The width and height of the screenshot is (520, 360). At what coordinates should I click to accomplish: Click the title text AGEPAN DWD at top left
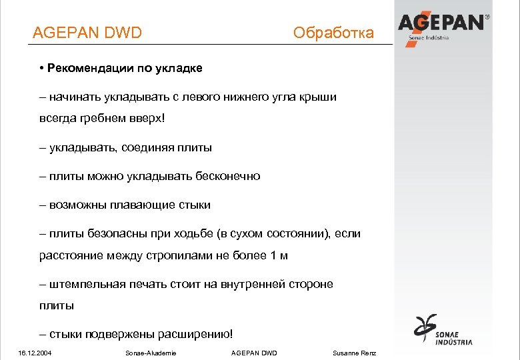87,33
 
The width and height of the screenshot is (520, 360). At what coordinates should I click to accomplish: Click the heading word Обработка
333,33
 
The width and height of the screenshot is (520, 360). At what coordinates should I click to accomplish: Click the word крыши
316,97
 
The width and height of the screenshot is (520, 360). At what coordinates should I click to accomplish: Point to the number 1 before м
273,256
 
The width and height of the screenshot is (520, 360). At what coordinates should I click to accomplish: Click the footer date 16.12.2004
36,353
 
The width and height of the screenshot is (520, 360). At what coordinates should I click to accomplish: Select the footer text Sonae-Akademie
151,353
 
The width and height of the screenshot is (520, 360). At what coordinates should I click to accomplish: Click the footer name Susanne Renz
354,353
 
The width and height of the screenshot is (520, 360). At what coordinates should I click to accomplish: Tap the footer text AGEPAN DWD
253,353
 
